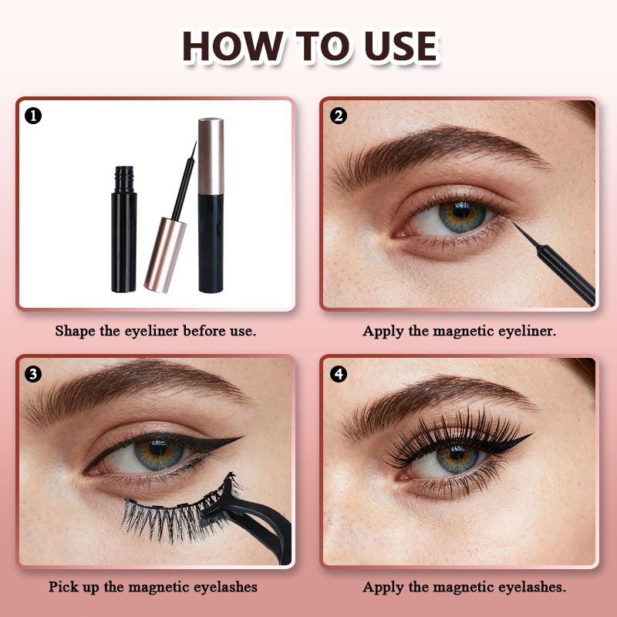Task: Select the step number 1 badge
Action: [33, 116]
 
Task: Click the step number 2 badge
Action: [339, 116]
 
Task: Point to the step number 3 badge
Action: [33, 374]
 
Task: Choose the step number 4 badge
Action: [339, 374]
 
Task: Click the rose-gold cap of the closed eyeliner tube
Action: [211, 156]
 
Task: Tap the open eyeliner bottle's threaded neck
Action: [124, 180]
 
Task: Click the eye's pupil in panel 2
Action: [461, 211]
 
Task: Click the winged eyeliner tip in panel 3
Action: [238, 437]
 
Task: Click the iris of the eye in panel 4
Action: [457, 460]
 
